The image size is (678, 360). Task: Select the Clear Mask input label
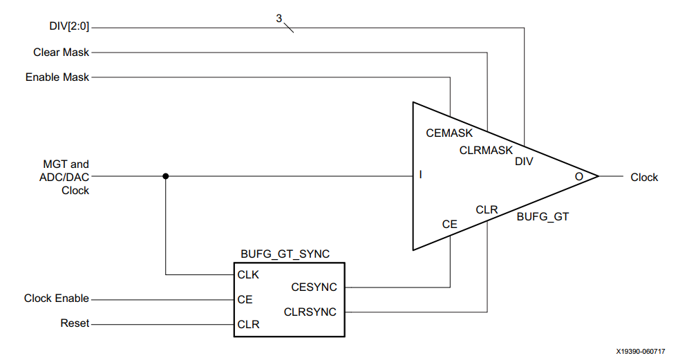pyautogui.click(x=62, y=53)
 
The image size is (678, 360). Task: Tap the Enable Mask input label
pyautogui.click(x=57, y=77)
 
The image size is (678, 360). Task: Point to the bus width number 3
pyautogui.click(x=279, y=19)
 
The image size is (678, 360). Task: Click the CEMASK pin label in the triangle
pyautogui.click(x=449, y=133)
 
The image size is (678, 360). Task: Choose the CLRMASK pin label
pyautogui.click(x=486, y=150)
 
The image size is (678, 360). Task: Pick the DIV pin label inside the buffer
pyautogui.click(x=524, y=162)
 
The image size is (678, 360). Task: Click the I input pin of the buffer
pyautogui.click(x=420, y=176)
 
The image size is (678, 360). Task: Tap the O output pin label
pyautogui.click(x=578, y=177)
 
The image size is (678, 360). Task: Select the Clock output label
pyautogui.click(x=644, y=178)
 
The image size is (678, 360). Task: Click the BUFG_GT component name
pyautogui.click(x=543, y=217)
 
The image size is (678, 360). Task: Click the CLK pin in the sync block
pyautogui.click(x=248, y=274)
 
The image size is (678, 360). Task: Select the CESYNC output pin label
pyautogui.click(x=314, y=287)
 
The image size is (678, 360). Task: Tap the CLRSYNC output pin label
pyautogui.click(x=310, y=312)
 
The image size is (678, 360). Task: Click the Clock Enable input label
pyautogui.click(x=57, y=299)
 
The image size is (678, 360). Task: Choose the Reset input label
pyautogui.click(x=75, y=323)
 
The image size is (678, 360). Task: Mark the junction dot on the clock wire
pyautogui.click(x=165, y=176)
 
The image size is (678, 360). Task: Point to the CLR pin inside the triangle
pyautogui.click(x=486, y=209)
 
